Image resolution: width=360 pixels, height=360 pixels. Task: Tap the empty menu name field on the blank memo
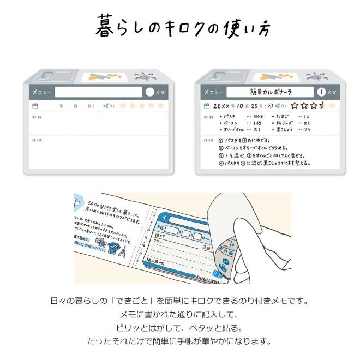[x=98, y=92]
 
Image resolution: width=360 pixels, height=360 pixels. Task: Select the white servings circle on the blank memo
[x=150, y=92]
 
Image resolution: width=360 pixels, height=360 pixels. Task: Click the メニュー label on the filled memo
[x=213, y=92]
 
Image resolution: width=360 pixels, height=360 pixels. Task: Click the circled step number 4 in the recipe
[x=221, y=163]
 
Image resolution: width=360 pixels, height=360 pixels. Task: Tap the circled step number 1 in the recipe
[x=221, y=140]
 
